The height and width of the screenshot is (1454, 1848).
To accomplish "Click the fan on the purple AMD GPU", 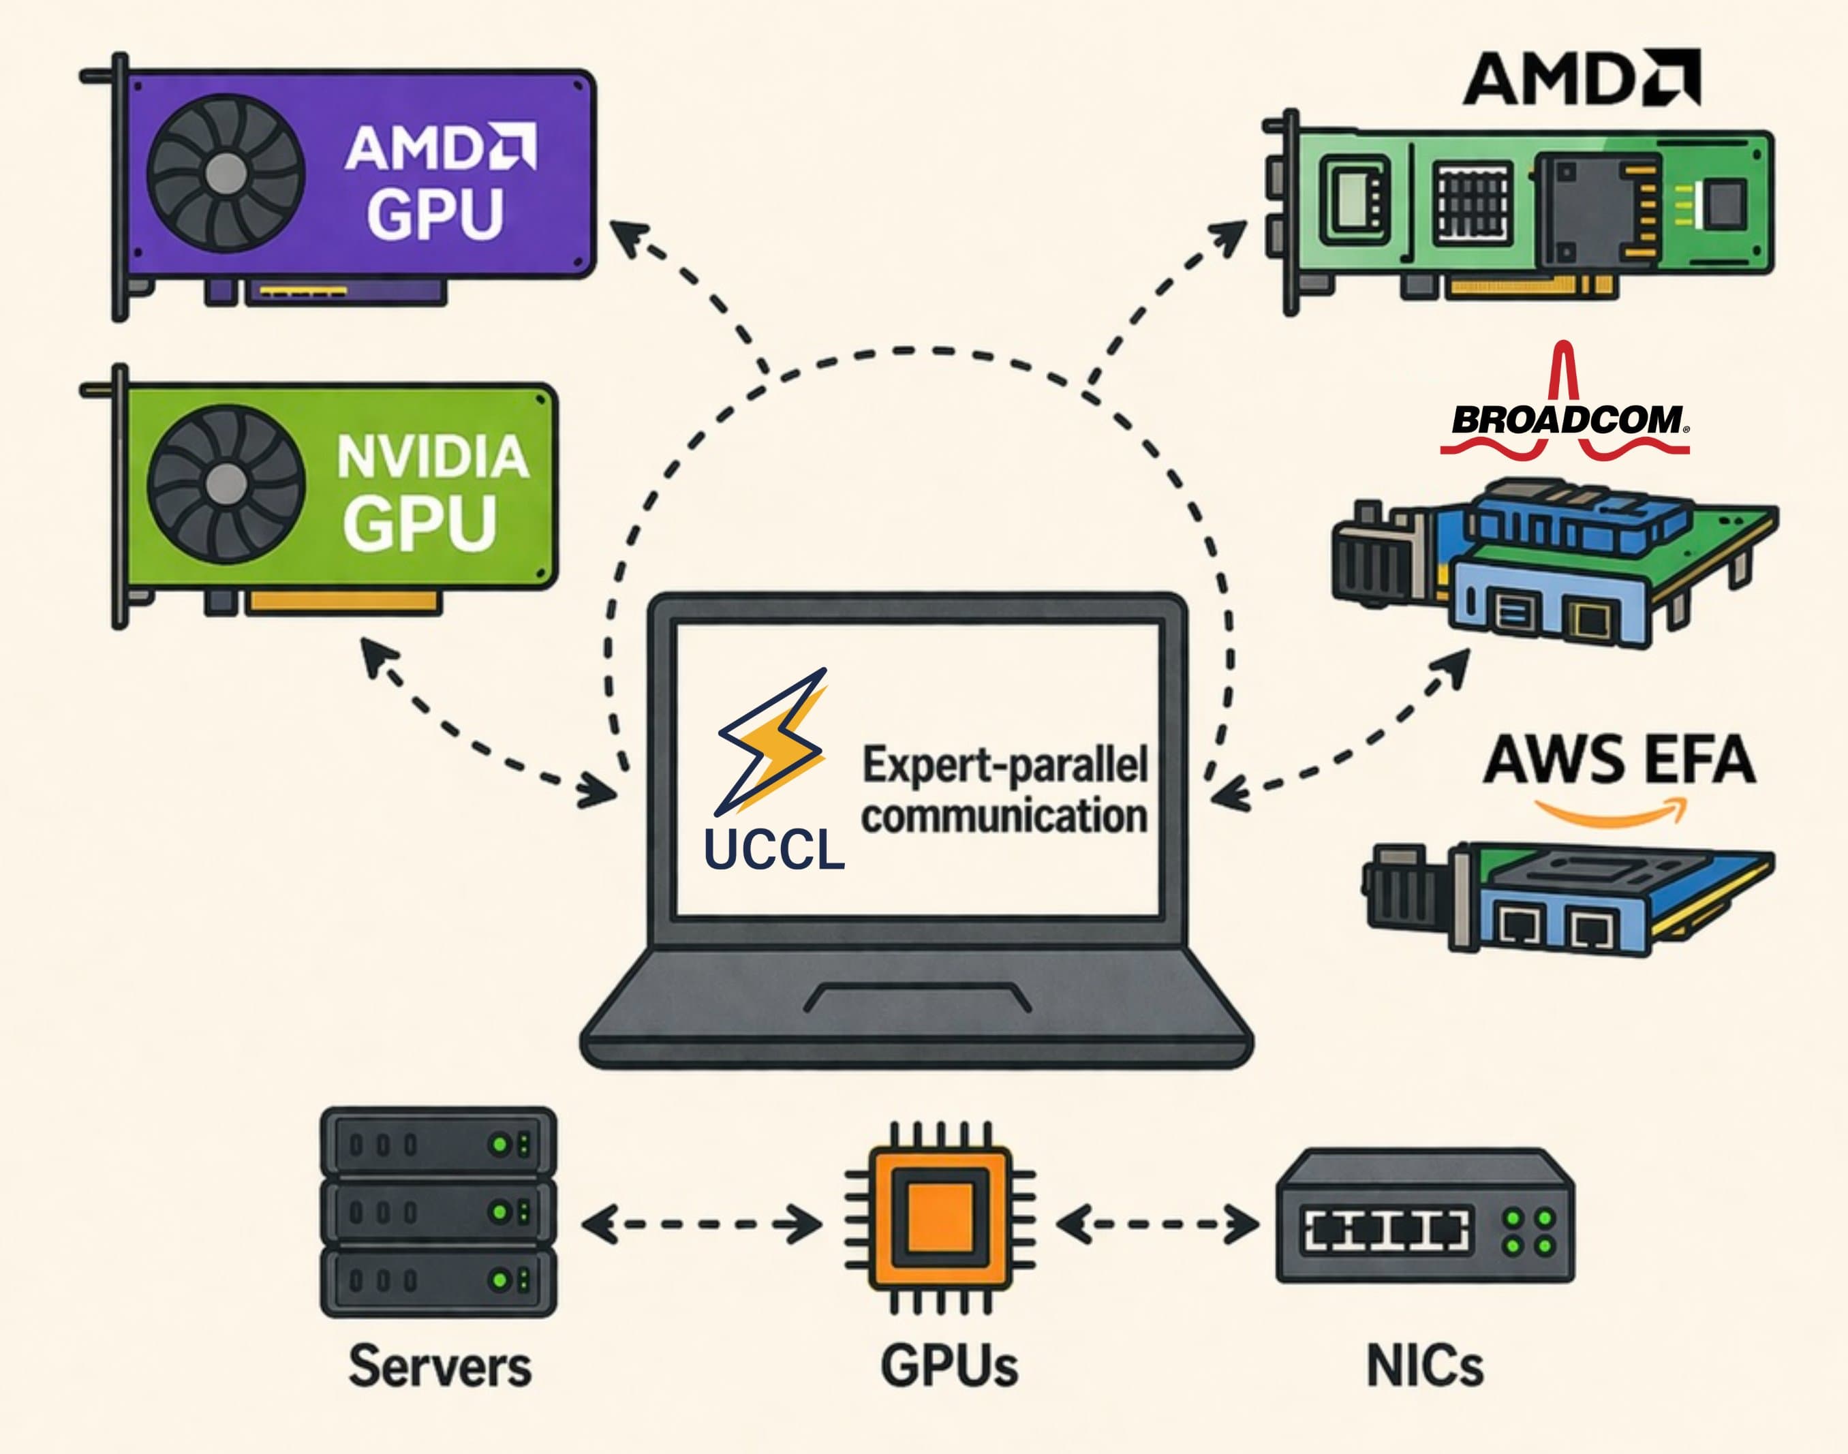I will [x=226, y=174].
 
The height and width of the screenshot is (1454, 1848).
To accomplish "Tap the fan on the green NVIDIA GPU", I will [x=226, y=482].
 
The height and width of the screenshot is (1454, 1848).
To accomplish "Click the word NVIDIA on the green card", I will [x=433, y=457].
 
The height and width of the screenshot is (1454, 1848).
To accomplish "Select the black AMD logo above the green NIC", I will [x=1582, y=78].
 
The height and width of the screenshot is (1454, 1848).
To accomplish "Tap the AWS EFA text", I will [x=1618, y=758].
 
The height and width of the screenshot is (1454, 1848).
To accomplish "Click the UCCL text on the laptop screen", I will [x=774, y=849].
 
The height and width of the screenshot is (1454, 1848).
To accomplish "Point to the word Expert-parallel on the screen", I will [x=1004, y=764].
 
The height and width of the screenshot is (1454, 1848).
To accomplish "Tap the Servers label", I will [x=440, y=1366].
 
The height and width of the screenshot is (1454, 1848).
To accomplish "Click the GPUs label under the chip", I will [x=949, y=1366].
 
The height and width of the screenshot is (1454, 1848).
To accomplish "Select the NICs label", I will [x=1424, y=1366].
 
